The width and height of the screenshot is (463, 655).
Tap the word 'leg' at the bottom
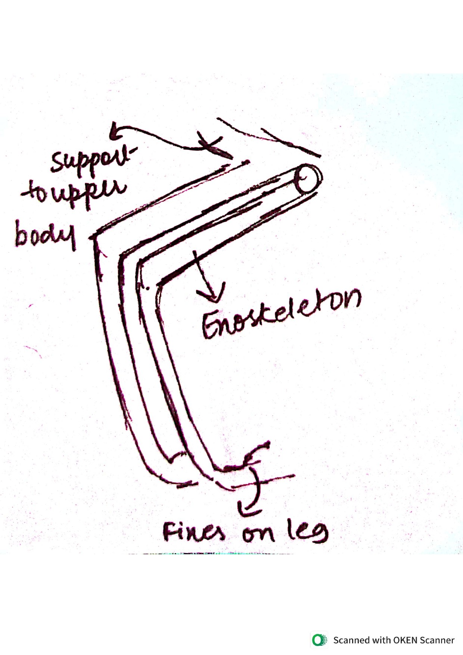click(308, 530)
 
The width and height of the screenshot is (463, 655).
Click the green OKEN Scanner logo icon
click(319, 640)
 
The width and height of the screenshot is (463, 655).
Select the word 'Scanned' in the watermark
click(349, 640)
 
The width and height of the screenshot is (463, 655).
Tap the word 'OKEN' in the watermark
click(405, 640)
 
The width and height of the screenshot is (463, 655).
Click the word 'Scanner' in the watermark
click(437, 640)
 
